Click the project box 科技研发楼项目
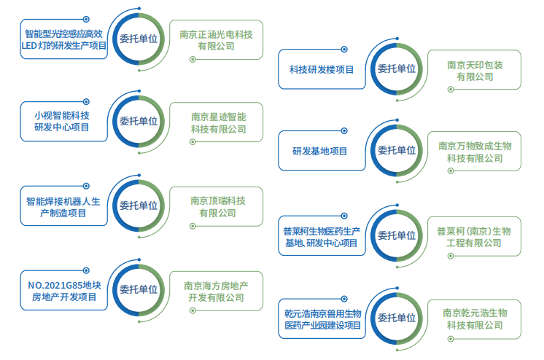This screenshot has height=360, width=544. point(322,70)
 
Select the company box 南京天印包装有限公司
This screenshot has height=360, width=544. point(475,70)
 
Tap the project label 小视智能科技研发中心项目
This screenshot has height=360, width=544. point(62,121)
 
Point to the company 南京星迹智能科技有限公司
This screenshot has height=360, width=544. point(218,122)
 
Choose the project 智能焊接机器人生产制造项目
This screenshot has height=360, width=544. point(62,207)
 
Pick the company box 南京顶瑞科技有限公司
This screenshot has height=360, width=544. point(218,207)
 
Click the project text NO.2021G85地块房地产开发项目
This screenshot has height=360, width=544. point(62,291)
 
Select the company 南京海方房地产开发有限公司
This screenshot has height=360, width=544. point(218,291)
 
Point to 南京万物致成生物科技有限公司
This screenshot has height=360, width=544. point(475,152)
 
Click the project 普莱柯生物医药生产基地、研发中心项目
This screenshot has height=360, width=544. point(321,237)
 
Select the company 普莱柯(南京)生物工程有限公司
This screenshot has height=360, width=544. point(475,237)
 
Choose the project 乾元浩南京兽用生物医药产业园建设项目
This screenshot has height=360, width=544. point(321,318)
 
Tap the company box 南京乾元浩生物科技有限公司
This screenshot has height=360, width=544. point(475,318)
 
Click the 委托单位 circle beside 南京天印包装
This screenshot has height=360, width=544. point(396,69)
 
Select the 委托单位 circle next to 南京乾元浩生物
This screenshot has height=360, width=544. point(396,318)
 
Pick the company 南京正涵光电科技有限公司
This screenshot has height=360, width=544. point(217,39)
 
